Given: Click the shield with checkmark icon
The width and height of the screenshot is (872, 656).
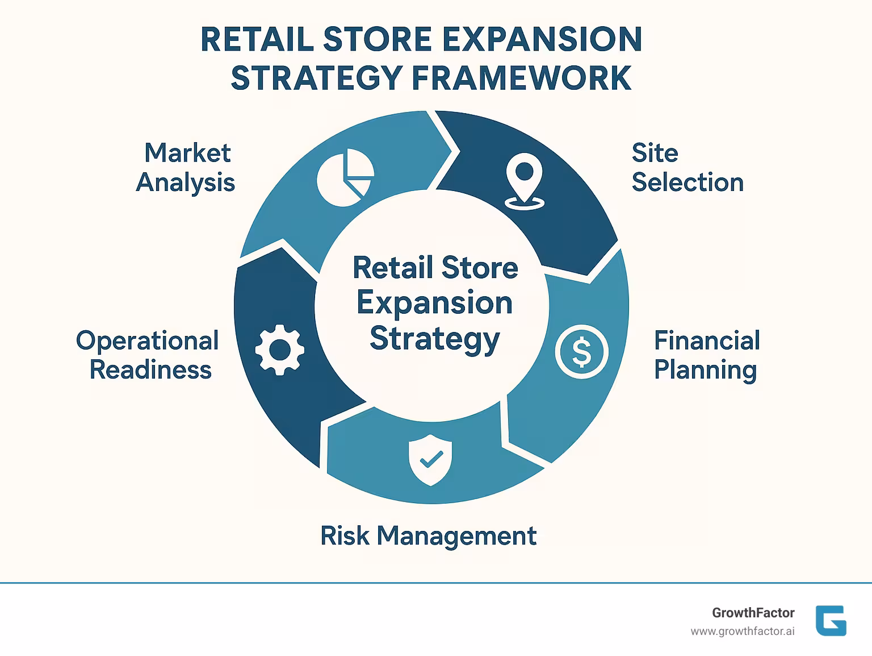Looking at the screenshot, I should click(x=431, y=460).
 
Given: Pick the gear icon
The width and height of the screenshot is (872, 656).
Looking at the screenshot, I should click(x=279, y=350).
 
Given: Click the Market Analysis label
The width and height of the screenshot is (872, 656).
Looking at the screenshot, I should click(x=186, y=168).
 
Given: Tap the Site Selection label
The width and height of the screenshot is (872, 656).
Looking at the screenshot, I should click(x=687, y=168).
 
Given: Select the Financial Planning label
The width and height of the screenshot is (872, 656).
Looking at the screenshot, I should click(x=706, y=355).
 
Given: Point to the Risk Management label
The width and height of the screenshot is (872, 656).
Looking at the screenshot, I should click(x=428, y=535).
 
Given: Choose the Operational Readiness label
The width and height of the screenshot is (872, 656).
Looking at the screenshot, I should click(x=148, y=355).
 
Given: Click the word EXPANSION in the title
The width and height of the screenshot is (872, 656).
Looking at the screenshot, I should click(x=542, y=40).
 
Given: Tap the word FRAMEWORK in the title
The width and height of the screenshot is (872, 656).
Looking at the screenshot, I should click(x=522, y=78).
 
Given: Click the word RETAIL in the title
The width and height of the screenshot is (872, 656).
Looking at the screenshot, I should click(x=257, y=40).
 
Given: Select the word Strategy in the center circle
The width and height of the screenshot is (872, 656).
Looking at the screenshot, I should click(x=434, y=339).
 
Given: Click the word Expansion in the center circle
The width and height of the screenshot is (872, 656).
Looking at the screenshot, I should click(x=434, y=303).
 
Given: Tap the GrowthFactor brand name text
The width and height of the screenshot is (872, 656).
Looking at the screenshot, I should click(x=753, y=613).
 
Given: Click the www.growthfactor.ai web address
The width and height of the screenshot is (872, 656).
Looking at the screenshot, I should click(x=742, y=632).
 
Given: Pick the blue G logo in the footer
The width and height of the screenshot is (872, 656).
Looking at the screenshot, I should click(x=831, y=620).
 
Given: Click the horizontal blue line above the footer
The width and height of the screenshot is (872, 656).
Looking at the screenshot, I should click(x=436, y=583).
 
